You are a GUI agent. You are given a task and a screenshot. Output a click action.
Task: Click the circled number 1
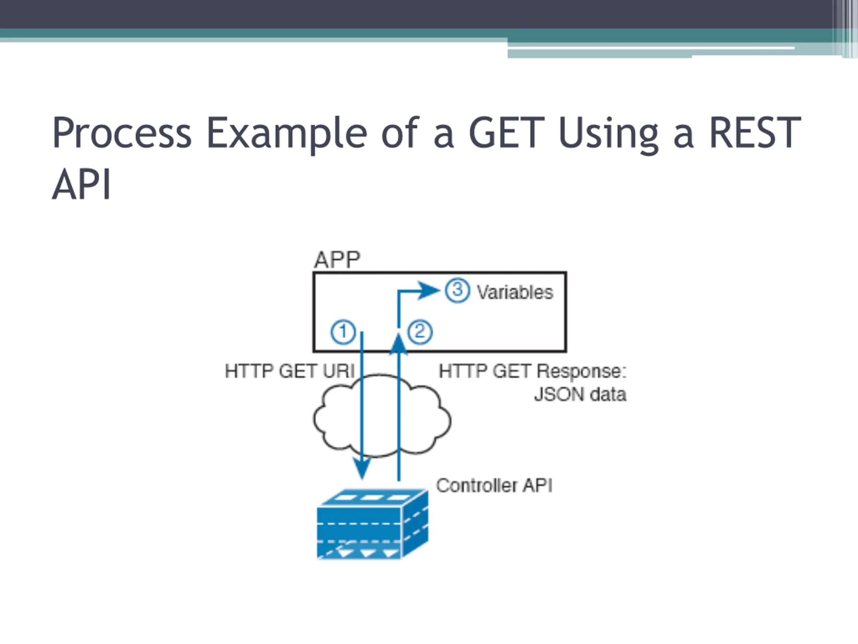coord(343,332)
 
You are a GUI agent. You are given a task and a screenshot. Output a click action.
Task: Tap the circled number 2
coord(420,332)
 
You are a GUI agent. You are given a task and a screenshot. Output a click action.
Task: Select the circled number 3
coord(457,290)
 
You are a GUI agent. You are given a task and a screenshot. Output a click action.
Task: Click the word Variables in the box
coord(515,292)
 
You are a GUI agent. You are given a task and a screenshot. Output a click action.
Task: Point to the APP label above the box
coord(337,260)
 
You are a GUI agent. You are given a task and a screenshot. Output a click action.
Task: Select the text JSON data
coord(580,395)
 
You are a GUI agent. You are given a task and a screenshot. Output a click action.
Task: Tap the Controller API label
coord(494,486)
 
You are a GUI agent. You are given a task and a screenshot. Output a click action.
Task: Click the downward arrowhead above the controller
coord(362,468)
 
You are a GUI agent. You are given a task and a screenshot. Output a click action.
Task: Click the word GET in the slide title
coord(506,133)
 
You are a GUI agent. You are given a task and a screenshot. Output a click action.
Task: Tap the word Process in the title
coord(122,133)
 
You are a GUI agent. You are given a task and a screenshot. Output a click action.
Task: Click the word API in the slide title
coord(82,184)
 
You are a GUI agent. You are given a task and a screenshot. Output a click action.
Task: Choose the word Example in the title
coord(287,133)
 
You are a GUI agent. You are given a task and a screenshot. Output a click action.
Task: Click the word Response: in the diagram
coord(581,371)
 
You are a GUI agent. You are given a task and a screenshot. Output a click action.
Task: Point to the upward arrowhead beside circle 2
coord(399,343)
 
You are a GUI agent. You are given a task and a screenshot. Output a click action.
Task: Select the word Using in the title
coord(608,133)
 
